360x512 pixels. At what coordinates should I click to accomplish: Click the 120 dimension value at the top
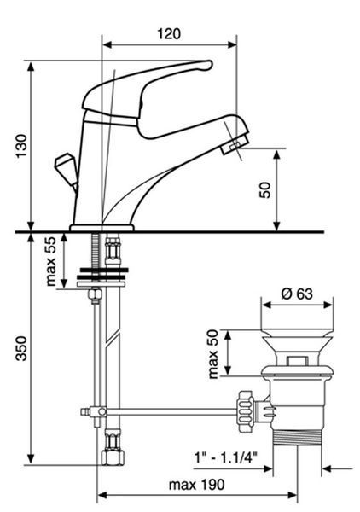[169, 34]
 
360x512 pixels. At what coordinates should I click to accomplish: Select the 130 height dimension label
[22, 146]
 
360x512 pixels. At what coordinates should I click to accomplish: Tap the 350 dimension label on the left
[22, 348]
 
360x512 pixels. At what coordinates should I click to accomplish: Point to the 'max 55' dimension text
[51, 261]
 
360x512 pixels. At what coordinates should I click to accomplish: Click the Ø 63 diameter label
[297, 294]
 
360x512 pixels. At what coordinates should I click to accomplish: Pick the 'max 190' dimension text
[196, 485]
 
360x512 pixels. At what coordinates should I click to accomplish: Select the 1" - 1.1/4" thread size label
[226, 457]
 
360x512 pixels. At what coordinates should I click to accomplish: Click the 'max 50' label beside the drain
[212, 354]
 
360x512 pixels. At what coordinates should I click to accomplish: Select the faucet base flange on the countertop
[102, 228]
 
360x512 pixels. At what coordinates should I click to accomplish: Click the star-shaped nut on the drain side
[246, 411]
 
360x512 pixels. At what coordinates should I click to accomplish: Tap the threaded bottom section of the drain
[297, 438]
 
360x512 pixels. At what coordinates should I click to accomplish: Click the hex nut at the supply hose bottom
[113, 457]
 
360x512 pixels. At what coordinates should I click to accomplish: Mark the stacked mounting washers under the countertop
[102, 276]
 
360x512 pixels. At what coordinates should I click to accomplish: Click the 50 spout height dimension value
[265, 190]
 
